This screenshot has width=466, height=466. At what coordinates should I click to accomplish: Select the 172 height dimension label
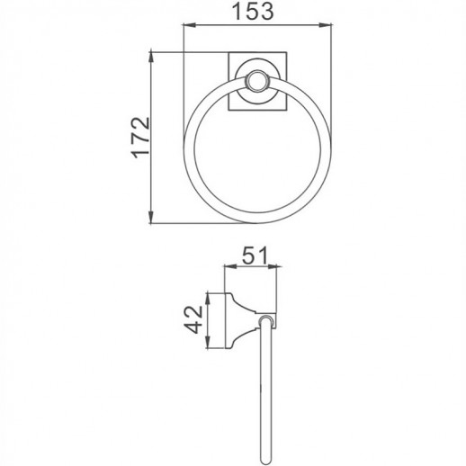tap(137, 139)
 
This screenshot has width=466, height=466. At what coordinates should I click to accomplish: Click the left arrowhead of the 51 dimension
tap(225, 267)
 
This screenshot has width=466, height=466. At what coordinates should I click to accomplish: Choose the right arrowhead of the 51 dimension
tap(273, 267)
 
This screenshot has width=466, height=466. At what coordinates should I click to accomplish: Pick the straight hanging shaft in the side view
tap(261, 387)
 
